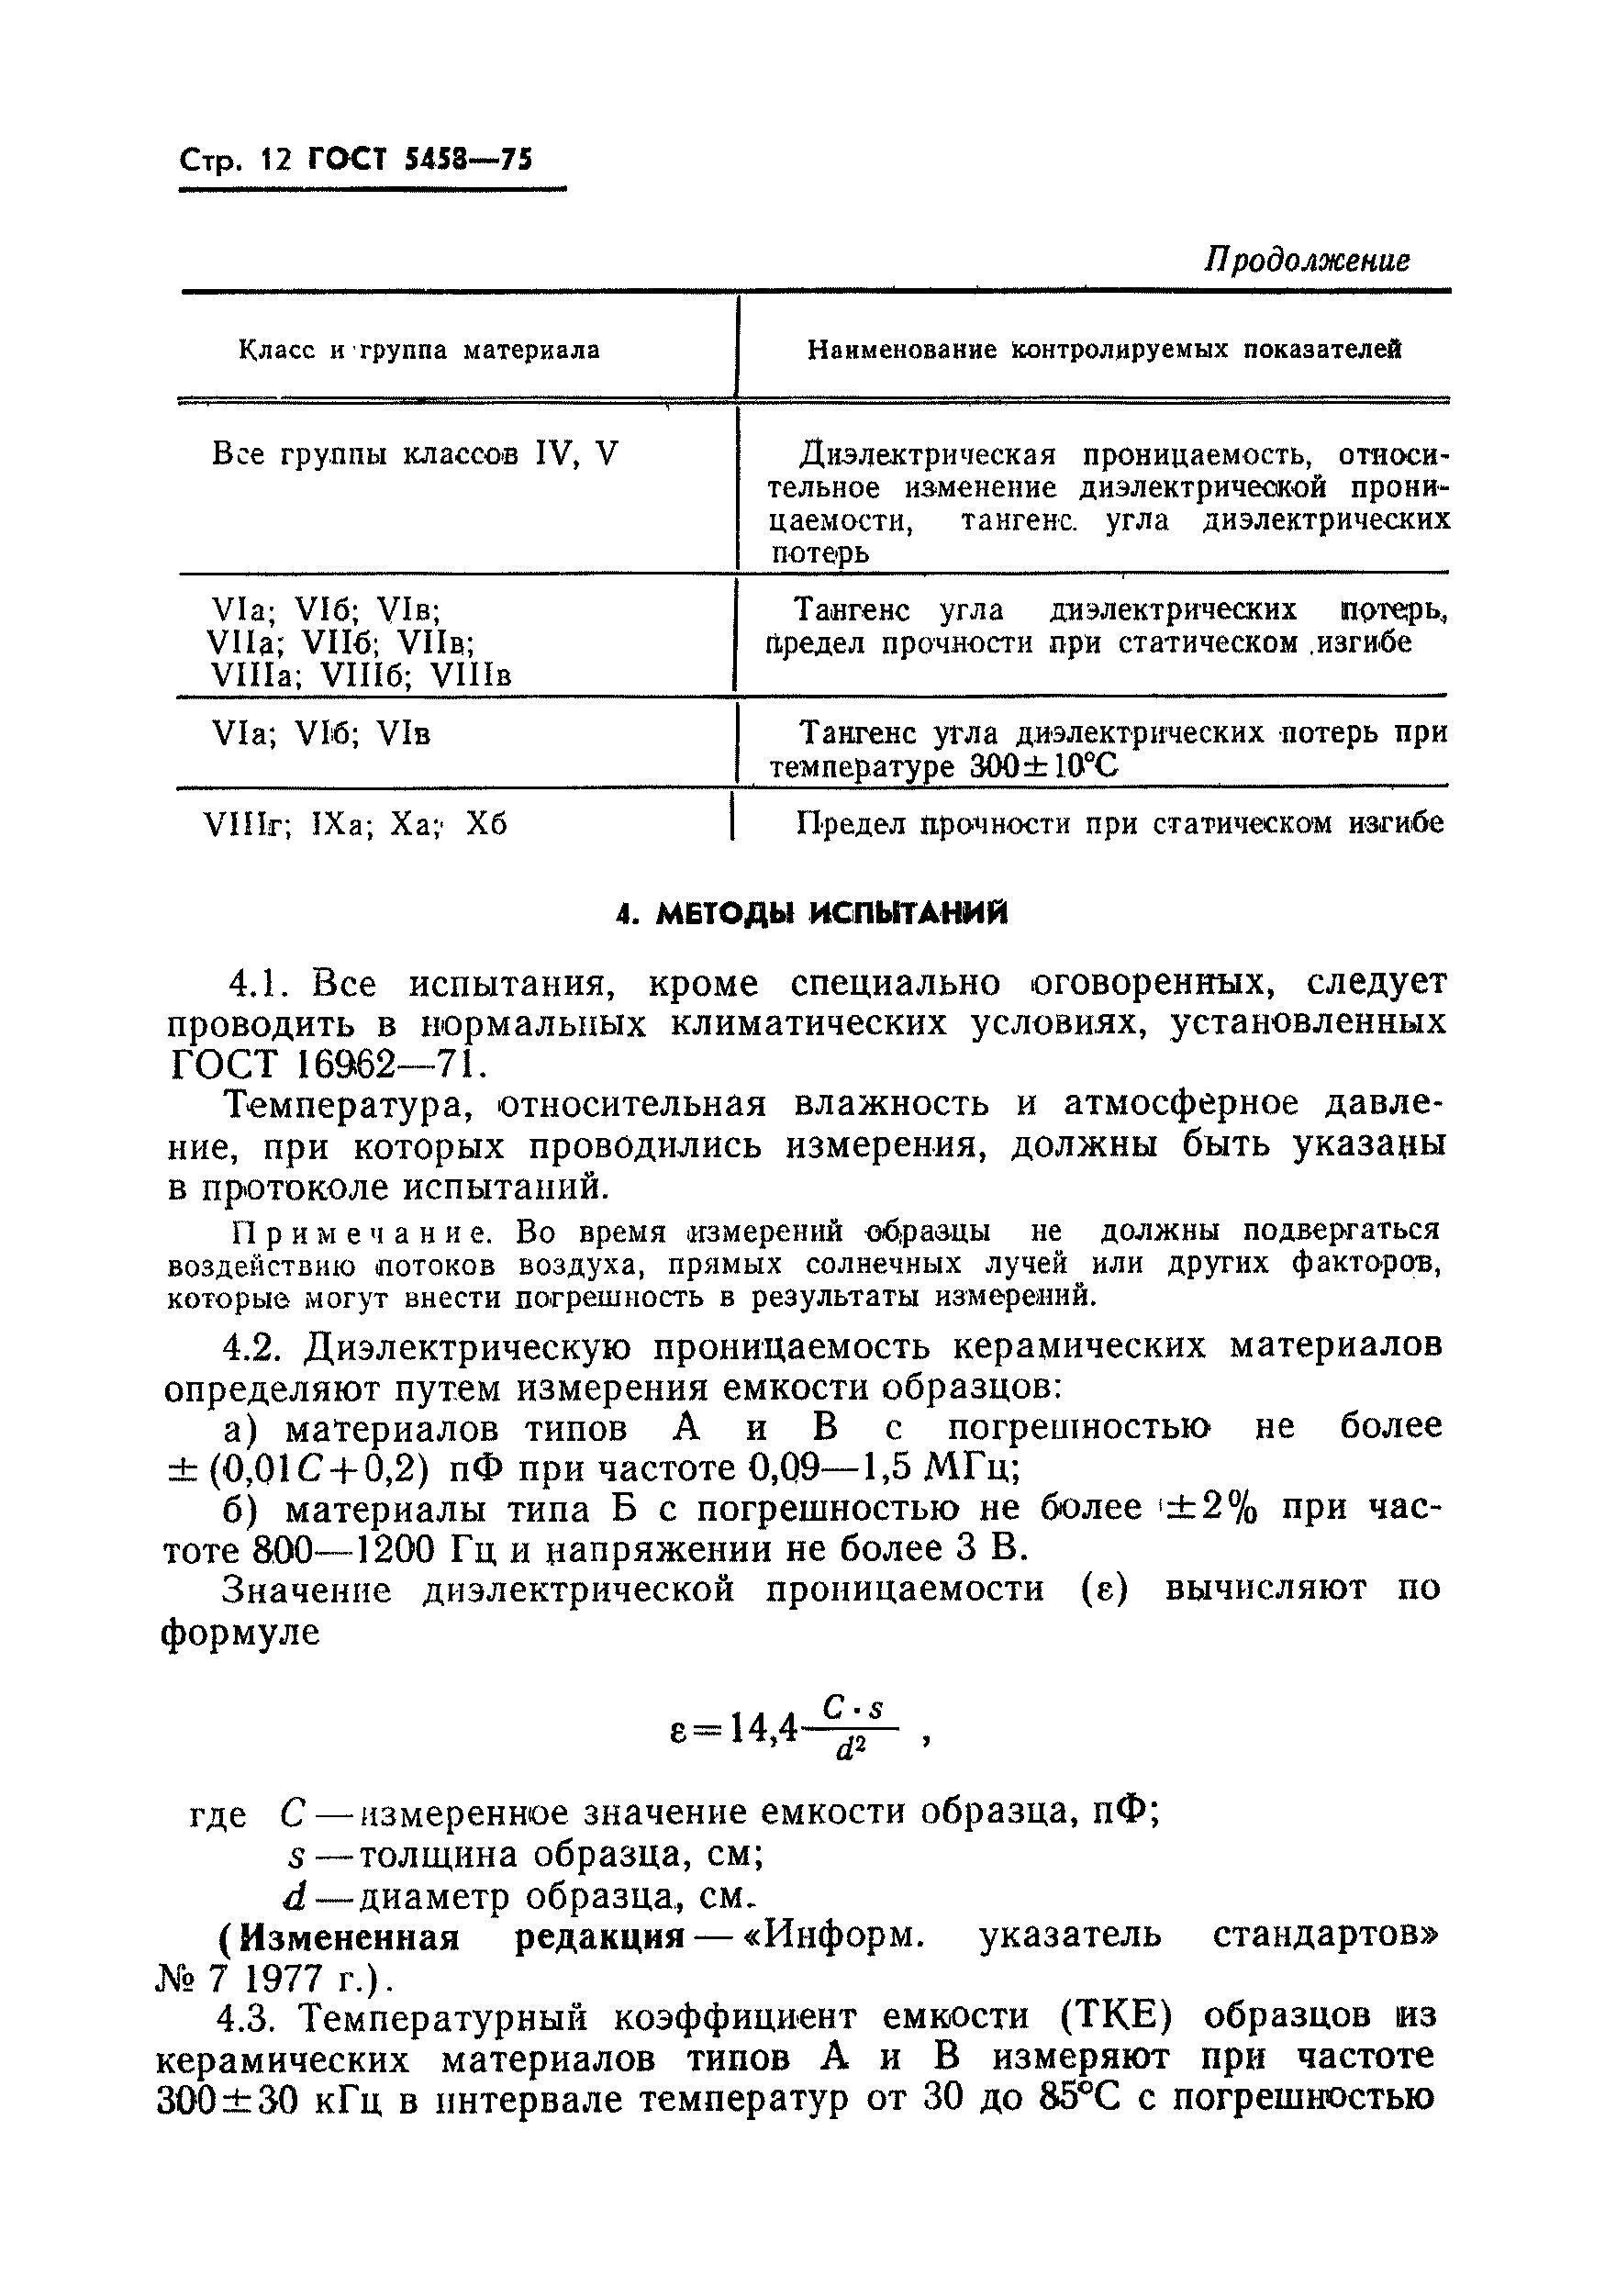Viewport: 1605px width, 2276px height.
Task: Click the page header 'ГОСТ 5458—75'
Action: [420, 159]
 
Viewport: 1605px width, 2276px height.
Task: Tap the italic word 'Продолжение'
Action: [1308, 261]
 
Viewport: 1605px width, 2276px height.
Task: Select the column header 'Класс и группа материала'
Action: [419, 350]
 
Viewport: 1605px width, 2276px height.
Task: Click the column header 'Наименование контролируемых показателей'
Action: [1104, 349]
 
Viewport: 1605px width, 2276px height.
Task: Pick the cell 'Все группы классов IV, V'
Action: [415, 454]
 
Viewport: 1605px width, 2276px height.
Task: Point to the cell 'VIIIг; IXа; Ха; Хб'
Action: [355, 825]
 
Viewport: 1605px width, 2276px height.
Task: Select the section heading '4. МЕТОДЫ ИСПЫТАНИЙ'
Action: [811, 913]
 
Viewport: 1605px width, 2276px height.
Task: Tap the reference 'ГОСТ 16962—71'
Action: [326, 1064]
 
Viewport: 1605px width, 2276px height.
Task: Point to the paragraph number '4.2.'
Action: [256, 1346]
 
